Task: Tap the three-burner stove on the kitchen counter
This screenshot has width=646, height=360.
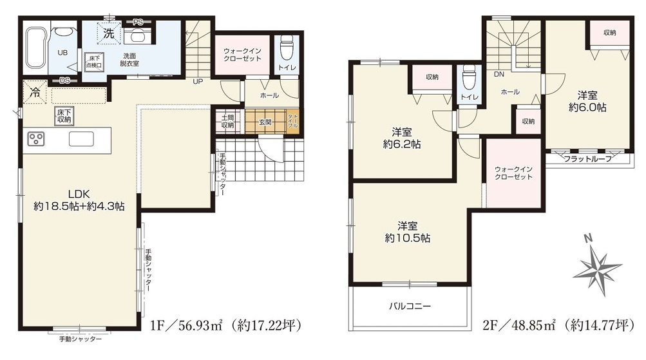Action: coord(36,139)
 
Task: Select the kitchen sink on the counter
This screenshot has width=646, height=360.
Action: coord(81,139)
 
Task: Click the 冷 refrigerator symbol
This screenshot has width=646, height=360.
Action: coord(35,93)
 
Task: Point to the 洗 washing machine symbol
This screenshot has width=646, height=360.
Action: coord(109,33)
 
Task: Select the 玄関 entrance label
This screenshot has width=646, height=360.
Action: coord(265,122)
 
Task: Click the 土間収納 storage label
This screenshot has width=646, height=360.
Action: coord(227,122)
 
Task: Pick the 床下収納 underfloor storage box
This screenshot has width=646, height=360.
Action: coord(64,116)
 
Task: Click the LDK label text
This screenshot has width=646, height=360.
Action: coord(79,194)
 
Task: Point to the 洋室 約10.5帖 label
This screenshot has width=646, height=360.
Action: coord(408,232)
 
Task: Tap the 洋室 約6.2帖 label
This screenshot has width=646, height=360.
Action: coord(402,138)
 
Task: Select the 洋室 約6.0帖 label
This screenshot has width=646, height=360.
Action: coord(587,101)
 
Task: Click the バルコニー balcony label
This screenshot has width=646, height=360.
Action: coord(410,306)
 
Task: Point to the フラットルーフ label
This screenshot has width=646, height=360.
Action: coord(587,159)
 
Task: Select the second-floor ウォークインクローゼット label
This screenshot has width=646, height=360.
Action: coord(514,173)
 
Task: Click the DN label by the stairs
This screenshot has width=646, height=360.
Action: coord(499,75)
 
